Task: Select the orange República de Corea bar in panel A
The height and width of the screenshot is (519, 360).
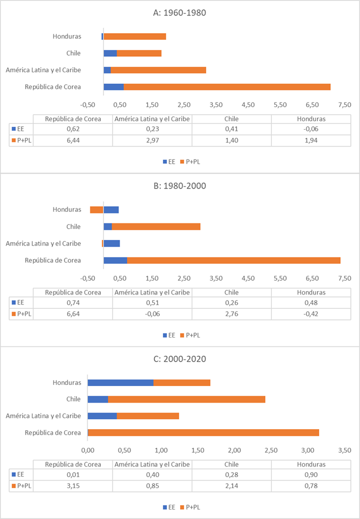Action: click(227, 87)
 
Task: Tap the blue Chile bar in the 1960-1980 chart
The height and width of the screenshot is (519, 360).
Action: click(110, 53)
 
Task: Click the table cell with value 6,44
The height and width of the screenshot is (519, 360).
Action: click(73, 141)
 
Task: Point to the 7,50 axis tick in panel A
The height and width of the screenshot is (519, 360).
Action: click(345, 104)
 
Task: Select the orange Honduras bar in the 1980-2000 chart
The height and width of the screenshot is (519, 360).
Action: click(97, 210)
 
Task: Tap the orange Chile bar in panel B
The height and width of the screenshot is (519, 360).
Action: click(156, 226)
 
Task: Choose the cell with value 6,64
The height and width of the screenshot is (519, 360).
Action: click(73, 314)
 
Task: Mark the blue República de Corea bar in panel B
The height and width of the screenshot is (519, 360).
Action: click(115, 260)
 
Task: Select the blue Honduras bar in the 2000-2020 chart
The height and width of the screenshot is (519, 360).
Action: click(120, 383)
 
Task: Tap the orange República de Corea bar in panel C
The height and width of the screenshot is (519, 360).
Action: click(203, 432)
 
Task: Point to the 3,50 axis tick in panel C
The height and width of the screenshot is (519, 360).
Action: click(344, 451)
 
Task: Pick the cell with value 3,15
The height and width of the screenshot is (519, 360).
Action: click(73, 485)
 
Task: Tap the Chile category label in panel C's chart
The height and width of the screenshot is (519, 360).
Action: click(73, 399)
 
